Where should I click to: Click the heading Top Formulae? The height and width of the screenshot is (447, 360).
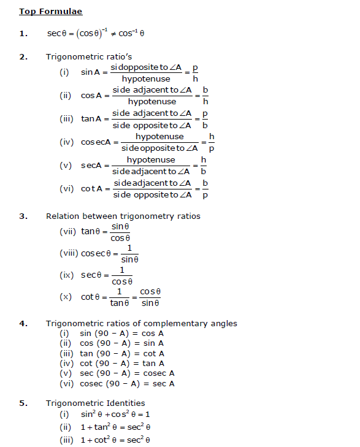pos(50,12)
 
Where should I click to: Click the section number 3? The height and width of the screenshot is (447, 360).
pos(23,216)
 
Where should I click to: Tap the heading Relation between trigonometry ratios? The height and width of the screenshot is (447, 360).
pos(123,216)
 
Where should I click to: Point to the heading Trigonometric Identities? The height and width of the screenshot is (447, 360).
pos(95,403)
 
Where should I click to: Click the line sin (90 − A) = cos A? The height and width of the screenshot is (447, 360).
pos(121,334)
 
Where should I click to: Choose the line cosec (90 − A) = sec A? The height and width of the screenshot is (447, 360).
pos(127,383)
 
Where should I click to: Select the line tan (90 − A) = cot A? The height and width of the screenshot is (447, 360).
pos(121,353)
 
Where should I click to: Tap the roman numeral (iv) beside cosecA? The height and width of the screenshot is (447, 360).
pos(67,142)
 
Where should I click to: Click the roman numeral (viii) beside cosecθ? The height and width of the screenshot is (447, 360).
pos(68,253)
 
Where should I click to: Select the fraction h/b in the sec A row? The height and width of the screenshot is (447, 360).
pos(204,166)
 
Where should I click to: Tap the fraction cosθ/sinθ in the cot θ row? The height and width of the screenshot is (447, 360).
pos(150,297)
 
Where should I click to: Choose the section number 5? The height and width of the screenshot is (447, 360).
pos(23,403)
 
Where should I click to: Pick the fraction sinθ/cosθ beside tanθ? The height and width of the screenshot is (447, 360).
pos(120,232)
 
